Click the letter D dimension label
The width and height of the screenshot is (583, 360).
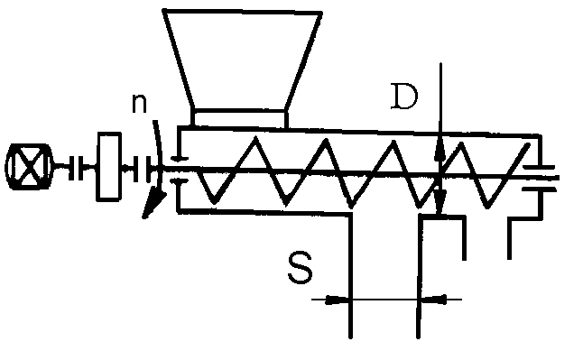(x=404, y=97)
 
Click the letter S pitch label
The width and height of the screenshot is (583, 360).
(x=301, y=268)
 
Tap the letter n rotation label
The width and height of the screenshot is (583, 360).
(x=139, y=104)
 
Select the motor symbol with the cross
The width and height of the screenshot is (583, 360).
(x=29, y=167)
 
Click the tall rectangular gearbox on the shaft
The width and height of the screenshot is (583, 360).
(x=109, y=167)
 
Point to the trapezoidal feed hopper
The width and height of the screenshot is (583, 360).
(x=243, y=60)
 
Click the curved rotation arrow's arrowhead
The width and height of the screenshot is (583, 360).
(x=153, y=206)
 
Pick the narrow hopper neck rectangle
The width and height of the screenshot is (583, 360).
(x=240, y=118)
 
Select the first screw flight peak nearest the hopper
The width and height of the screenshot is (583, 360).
(x=255, y=139)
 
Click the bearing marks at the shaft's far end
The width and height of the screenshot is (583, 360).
(x=539, y=178)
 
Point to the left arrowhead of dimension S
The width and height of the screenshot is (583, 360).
(x=338, y=300)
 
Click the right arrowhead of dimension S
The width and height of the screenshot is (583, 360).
(x=432, y=299)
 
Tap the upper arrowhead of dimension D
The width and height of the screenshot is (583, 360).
(x=440, y=151)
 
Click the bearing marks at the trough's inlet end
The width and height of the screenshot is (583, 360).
(x=180, y=170)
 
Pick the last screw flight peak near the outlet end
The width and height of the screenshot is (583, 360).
(x=528, y=145)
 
